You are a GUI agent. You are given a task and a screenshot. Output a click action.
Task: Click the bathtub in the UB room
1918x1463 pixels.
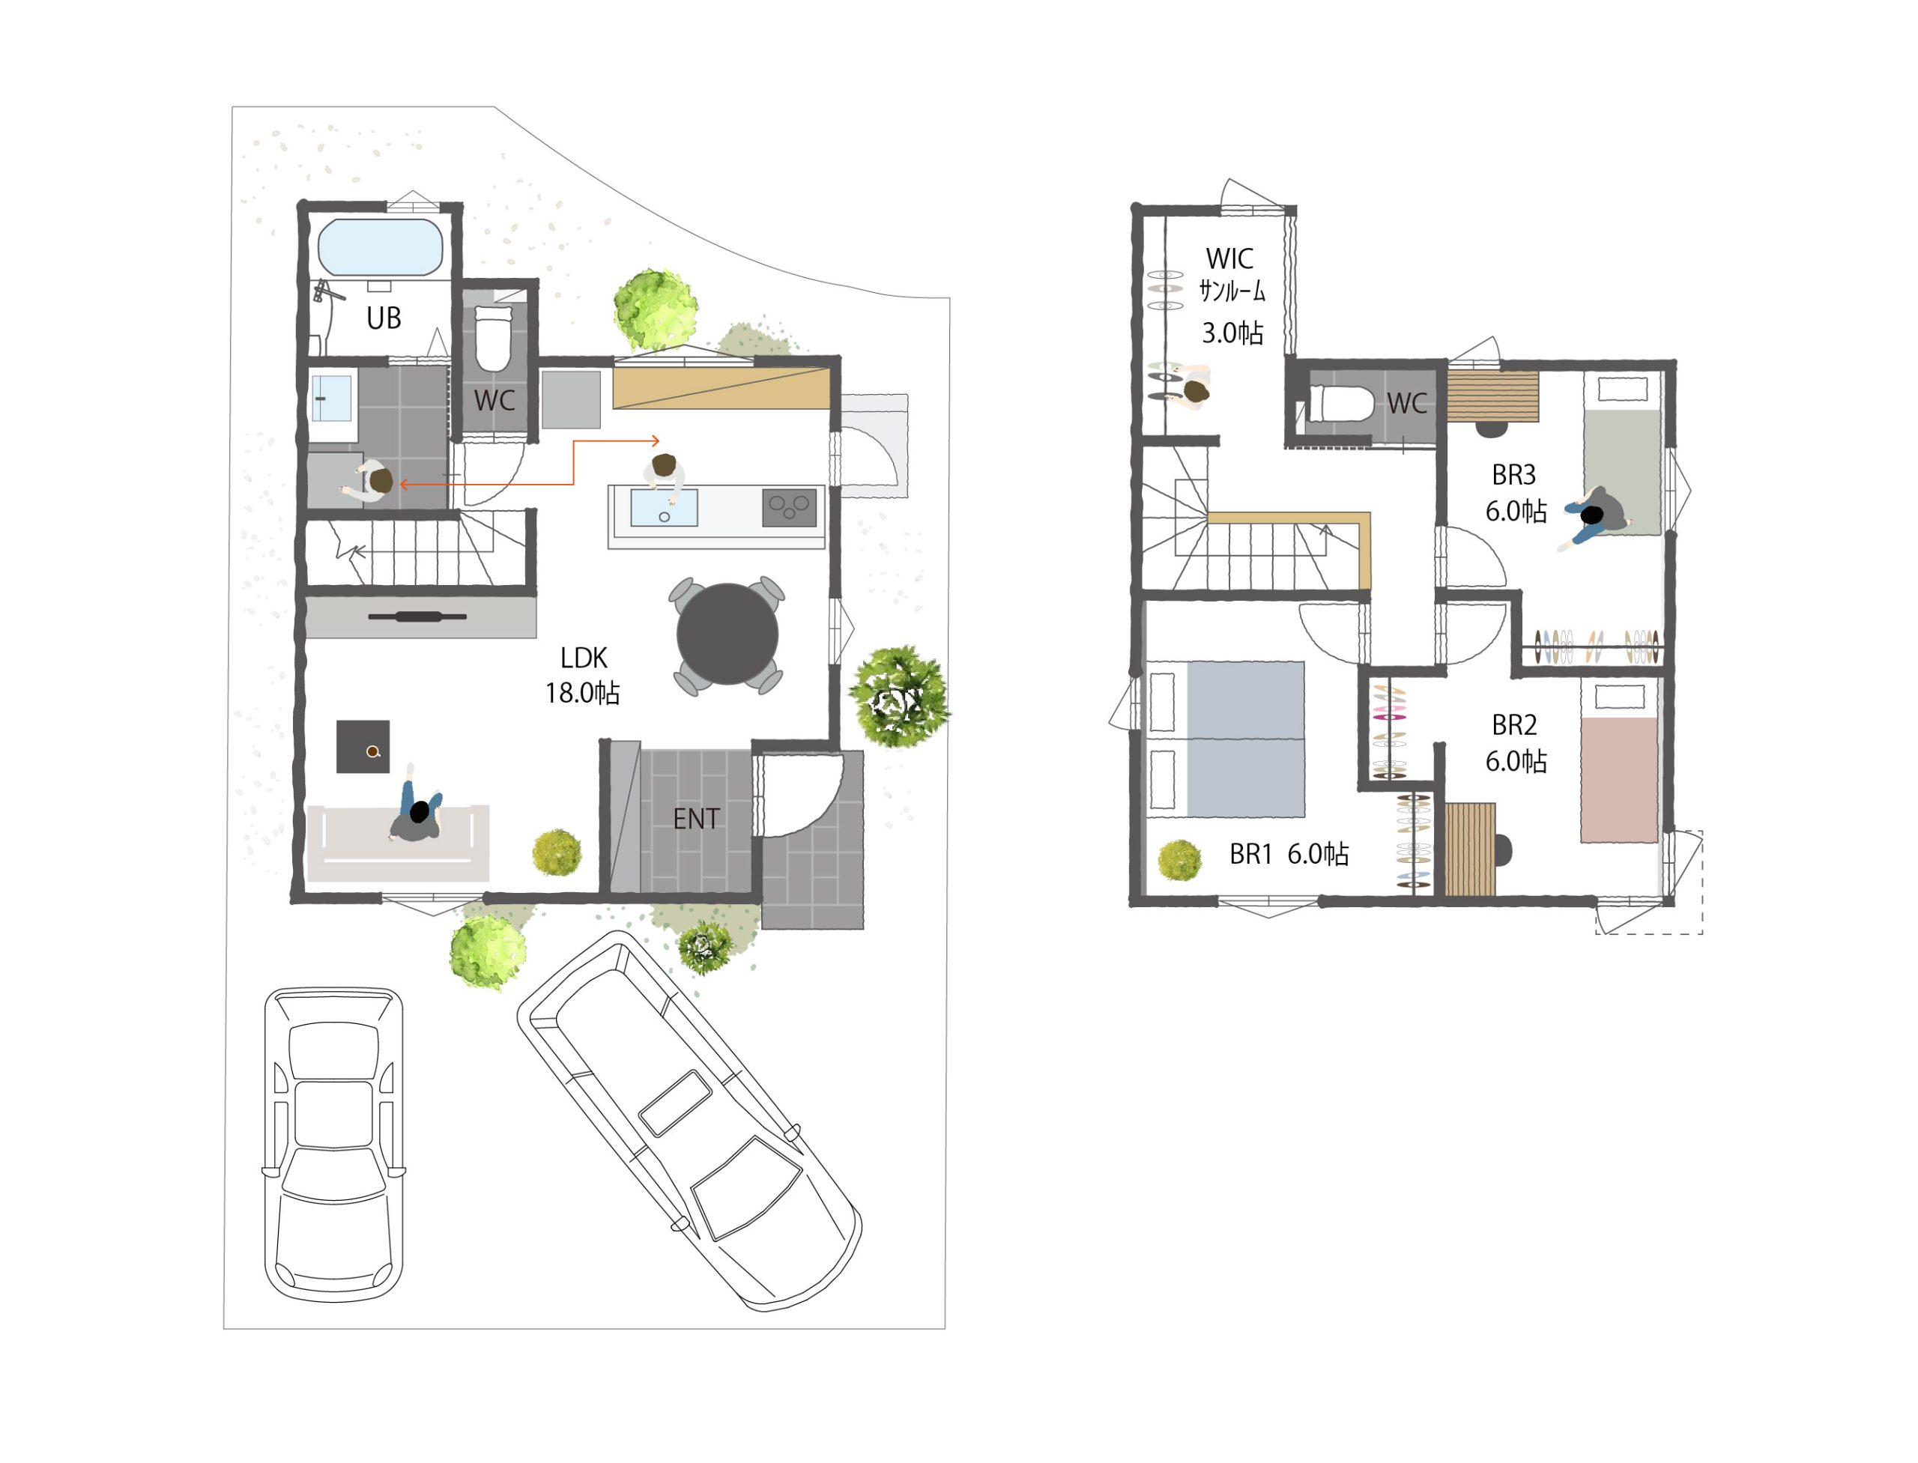pos(380,247)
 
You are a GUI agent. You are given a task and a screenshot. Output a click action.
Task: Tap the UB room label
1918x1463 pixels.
pos(384,318)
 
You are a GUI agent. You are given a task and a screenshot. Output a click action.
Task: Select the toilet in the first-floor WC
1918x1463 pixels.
pos(493,338)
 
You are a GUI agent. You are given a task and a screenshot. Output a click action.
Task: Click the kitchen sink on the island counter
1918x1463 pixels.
pos(664,507)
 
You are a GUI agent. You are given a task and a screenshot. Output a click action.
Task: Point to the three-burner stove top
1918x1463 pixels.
pos(789,507)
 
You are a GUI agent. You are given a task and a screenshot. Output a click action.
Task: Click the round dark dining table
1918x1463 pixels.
pos(727,634)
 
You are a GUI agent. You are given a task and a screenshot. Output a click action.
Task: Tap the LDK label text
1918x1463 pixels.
pos(584,658)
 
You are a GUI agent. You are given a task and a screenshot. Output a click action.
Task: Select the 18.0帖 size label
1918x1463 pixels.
pos(583,693)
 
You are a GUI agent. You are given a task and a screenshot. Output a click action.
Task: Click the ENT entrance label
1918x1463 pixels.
pos(696,819)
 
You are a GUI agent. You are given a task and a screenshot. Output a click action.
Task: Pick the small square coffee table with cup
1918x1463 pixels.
pos(363,746)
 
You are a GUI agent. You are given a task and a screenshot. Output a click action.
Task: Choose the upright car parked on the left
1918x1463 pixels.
pos(334,1143)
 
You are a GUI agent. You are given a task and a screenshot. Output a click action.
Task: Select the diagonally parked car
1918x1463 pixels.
pos(689,1121)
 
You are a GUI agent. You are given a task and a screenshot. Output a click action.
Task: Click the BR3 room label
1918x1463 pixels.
pos(1513,476)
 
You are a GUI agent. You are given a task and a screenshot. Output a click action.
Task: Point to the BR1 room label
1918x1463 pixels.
pos(1250,854)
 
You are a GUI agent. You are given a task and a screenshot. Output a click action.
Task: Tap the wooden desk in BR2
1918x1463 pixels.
pos(1470,849)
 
